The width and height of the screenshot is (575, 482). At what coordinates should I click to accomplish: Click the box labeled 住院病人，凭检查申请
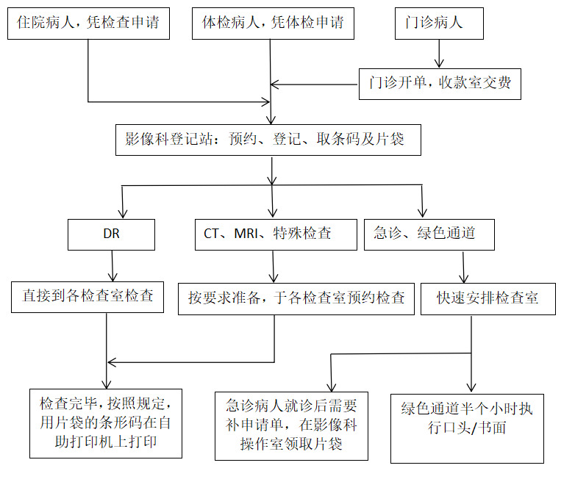coord(89,23)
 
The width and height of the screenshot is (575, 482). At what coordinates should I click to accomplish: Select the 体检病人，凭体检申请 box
coord(273,23)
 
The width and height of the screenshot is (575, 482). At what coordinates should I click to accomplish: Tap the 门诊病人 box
coord(439,23)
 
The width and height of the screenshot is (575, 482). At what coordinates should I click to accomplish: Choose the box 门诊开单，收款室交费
coord(440,83)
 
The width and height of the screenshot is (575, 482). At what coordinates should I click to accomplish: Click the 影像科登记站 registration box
coord(268,139)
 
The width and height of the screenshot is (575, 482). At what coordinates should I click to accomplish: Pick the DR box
coord(111,234)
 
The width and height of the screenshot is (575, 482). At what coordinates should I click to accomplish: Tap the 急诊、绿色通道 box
coord(429,234)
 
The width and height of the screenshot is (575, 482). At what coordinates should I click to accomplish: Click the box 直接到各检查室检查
coord(87,297)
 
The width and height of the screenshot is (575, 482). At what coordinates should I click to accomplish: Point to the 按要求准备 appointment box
coord(296,298)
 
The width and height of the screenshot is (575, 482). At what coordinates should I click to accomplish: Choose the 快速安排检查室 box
coord(487,299)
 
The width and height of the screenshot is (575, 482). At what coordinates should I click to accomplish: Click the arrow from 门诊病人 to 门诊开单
coord(439,54)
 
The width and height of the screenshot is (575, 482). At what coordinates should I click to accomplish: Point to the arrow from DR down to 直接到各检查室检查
coord(111,265)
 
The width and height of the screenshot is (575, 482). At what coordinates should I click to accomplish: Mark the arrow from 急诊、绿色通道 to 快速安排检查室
coord(463,267)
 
